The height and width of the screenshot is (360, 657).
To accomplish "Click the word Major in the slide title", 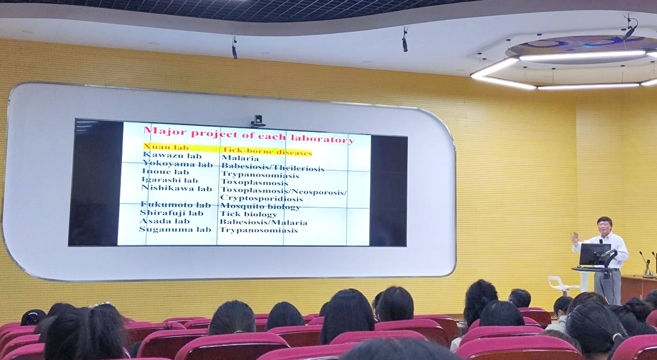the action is (x=165, y=130).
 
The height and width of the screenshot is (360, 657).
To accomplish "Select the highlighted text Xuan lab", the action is (x=166, y=147).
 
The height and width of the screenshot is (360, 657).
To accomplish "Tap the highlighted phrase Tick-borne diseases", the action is (x=267, y=151).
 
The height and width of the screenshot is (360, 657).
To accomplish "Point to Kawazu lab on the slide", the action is (x=172, y=155).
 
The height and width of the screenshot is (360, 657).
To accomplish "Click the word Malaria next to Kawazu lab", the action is (x=240, y=158).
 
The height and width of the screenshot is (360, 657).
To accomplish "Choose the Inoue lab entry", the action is (x=165, y=171).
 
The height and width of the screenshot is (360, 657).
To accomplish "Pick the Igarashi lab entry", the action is (x=169, y=180).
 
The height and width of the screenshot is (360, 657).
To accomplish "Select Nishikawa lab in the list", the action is (x=176, y=188).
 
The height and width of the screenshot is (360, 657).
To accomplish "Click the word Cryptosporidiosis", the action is (x=261, y=199).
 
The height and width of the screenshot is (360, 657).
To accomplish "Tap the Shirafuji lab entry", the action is (x=172, y=213).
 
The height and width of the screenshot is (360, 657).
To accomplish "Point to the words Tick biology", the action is (x=249, y=214).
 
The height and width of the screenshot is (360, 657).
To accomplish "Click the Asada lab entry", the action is (x=165, y=221).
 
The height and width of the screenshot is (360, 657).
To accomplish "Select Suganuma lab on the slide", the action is (x=175, y=229).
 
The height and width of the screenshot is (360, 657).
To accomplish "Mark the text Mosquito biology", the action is (x=260, y=207).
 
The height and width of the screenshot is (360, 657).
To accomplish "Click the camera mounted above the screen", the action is (x=258, y=121).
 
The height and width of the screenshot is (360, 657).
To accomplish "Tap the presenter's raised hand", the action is (x=575, y=238).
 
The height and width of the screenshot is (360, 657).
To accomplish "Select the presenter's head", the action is (x=605, y=226).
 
